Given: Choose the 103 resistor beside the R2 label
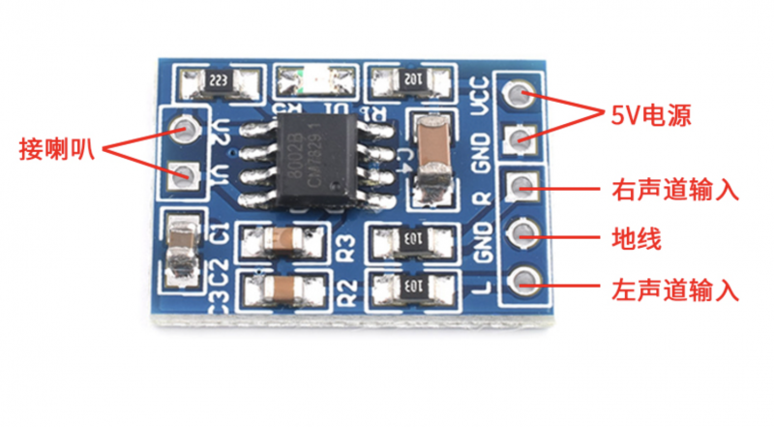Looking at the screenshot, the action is (410, 287).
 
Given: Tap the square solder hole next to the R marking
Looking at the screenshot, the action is (523, 186).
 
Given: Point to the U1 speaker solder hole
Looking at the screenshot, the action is (181, 175).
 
